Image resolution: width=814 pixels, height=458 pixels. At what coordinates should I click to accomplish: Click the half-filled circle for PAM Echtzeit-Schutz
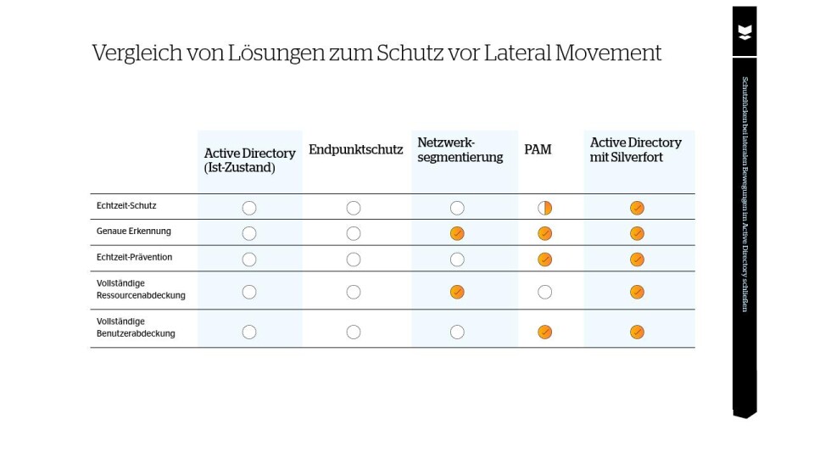tap(545, 208)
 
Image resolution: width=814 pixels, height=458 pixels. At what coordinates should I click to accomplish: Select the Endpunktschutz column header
tap(355, 150)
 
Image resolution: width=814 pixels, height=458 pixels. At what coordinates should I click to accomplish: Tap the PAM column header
tap(538, 150)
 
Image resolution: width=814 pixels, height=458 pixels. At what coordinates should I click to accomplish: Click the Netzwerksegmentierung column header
tap(460, 150)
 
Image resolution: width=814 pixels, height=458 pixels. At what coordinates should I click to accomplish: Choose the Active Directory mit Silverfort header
tap(635, 150)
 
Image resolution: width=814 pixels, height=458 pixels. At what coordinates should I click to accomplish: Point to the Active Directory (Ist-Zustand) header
tap(249, 160)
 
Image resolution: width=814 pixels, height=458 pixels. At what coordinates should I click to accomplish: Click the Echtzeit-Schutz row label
tap(126, 205)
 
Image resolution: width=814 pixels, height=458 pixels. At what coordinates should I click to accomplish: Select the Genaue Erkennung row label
tap(133, 231)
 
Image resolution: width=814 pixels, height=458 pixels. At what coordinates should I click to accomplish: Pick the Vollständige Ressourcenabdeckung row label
tap(141, 289)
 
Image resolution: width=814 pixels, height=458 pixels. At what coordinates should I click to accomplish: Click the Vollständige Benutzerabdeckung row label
tap(136, 327)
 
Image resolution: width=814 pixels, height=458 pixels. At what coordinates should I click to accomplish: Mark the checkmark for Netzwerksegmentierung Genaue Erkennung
tap(457, 233)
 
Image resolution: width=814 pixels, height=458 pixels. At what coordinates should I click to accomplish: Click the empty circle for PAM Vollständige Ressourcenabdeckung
tap(545, 292)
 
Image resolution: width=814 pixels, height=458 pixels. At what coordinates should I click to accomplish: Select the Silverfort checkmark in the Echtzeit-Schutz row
tap(637, 208)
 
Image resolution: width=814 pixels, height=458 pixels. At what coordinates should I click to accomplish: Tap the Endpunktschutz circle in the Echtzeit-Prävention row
tap(354, 259)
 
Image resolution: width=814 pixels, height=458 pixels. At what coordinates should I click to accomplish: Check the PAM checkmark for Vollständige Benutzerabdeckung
tap(545, 332)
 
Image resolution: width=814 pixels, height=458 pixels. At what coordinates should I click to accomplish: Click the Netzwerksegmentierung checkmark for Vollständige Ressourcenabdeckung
tap(457, 292)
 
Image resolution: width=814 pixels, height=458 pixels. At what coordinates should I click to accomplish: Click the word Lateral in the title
tap(517, 53)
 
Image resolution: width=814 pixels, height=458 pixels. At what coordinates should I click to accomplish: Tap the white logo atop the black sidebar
tap(744, 32)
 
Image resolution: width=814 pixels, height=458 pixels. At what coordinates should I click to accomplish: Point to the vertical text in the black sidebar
tap(744, 194)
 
